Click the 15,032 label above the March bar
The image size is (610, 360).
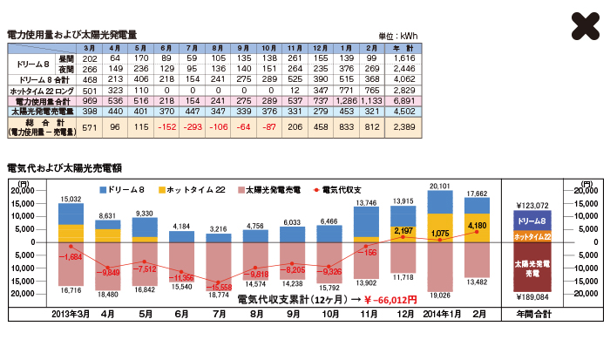[x=71, y=200]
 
